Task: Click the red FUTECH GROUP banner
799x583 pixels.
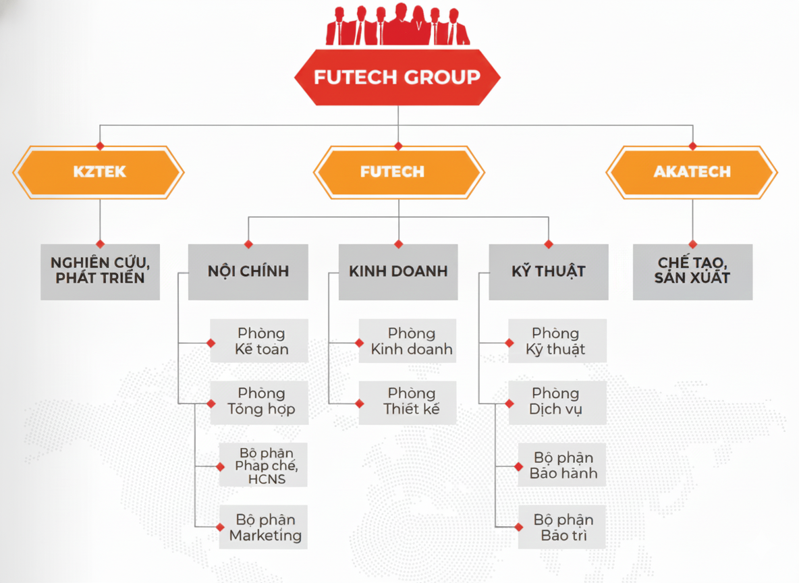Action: tap(397, 77)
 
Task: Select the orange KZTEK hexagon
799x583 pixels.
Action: tap(99, 172)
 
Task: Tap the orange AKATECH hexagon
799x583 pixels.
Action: tap(692, 172)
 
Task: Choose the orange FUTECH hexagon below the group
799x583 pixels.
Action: tap(398, 172)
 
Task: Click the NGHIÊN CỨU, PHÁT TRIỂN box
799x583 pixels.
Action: tap(100, 271)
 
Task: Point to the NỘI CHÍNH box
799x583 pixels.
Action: tap(248, 271)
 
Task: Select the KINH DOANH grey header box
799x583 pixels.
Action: tap(398, 271)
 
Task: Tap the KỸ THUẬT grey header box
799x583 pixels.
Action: tap(548, 271)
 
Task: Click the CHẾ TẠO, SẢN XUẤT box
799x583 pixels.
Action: tap(692, 271)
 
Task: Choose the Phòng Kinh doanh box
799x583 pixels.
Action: tap(410, 341)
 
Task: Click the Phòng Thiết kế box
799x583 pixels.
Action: tap(410, 401)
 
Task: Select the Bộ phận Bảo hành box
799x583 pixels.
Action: tap(563, 466)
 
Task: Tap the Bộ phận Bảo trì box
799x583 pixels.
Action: tap(563, 528)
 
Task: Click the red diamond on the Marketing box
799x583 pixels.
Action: tap(220, 528)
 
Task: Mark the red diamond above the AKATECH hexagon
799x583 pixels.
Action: tap(692, 146)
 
